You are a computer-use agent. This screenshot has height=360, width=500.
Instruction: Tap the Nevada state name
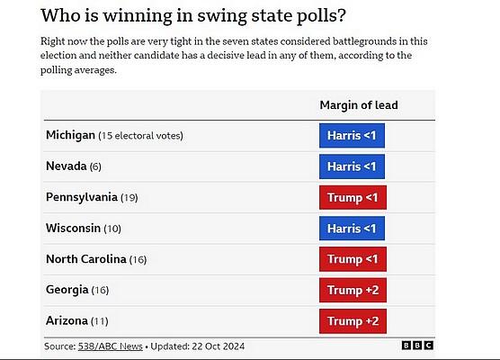pos(67,166)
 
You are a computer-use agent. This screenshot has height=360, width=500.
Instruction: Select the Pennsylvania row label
pos(82,197)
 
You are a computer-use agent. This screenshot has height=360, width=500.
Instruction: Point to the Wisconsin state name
pos(74,228)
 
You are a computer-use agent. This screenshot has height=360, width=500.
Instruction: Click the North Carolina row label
pos(86,259)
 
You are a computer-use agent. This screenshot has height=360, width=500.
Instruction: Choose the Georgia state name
pos(67,290)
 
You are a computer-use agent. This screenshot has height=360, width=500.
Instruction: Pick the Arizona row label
pos(67,320)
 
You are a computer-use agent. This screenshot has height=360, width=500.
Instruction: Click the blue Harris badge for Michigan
pos(352,136)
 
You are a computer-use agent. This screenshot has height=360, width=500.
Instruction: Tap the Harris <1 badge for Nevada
pos(352,166)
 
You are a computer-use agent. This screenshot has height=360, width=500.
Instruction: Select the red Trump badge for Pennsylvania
pos(353,198)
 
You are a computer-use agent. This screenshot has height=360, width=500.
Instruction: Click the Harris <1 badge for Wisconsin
pos(352,229)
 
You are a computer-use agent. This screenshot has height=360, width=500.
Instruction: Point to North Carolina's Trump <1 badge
pos(353,259)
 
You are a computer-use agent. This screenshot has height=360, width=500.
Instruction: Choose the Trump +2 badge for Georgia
pos(353,290)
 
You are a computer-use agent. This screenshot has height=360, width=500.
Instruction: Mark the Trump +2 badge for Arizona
pos(353,321)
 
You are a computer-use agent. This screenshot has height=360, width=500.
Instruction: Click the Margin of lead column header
pos(359,105)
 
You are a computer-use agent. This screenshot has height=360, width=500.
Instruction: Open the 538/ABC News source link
pos(111,346)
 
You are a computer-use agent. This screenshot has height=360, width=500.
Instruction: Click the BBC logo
pos(417,346)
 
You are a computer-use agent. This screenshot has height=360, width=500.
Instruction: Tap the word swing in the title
pos(222,16)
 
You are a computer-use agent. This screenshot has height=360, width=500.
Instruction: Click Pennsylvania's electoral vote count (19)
pos(129,198)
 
